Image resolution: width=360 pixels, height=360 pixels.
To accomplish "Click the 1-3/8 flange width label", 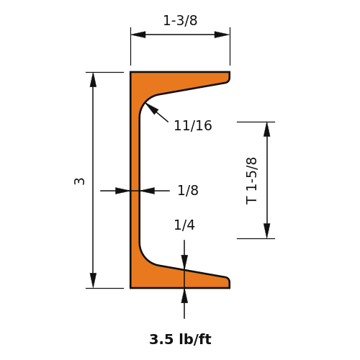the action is [x=180, y=21].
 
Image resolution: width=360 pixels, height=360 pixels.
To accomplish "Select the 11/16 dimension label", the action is [x=193, y=126].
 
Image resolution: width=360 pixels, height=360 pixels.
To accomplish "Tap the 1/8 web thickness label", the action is [x=188, y=191].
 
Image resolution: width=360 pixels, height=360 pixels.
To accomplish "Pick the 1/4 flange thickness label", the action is [x=184, y=225].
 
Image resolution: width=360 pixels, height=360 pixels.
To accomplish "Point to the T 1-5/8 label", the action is [x=252, y=181].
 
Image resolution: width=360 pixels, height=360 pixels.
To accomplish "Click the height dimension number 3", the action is [x=79, y=181].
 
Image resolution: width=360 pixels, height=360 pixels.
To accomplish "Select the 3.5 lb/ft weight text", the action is [x=180, y=339].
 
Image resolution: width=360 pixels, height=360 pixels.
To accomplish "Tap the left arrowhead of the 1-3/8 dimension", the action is [x=138, y=35].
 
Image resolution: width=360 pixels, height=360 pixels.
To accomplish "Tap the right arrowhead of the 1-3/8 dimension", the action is [x=222, y=35].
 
